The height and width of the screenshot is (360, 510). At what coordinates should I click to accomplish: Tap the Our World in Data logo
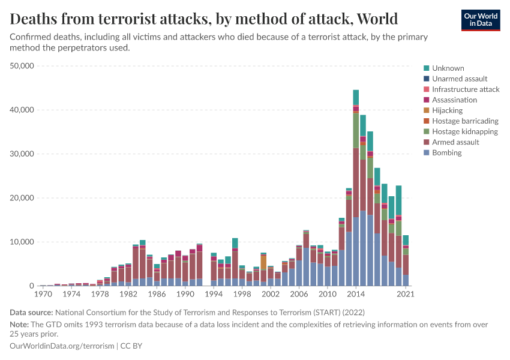coord(480,20)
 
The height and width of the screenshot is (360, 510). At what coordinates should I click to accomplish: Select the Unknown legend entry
coord(448,68)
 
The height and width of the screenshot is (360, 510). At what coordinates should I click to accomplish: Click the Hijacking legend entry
coord(447,110)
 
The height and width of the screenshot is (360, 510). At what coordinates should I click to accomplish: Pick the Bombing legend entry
coord(447,153)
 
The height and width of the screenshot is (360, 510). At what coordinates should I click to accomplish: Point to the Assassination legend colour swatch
coord(426,100)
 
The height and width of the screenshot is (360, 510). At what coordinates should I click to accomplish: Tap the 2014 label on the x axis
coord(356,295)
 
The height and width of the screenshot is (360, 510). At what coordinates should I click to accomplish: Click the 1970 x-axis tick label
coord(43,295)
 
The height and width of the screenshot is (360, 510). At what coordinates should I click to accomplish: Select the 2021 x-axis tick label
coord(406,295)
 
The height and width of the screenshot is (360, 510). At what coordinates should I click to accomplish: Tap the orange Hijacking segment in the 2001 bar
coord(263,263)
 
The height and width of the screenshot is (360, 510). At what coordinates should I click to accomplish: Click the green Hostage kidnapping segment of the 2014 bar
coord(356,130)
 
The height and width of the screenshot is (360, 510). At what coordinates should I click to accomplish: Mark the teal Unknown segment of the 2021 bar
coord(406,240)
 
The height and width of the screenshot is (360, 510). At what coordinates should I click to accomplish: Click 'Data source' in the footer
coord(31,312)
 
